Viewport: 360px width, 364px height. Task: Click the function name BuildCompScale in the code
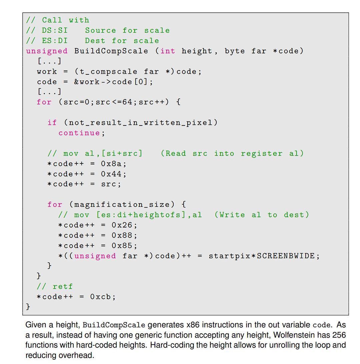pos(111,51)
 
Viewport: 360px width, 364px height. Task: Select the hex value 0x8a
pos(111,164)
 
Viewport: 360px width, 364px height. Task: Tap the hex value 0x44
pos(111,174)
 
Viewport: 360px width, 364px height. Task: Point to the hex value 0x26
pos(122,225)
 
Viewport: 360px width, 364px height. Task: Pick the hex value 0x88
pos(122,235)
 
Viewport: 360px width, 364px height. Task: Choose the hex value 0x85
pos(122,245)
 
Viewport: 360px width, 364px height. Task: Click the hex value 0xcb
pos(100,297)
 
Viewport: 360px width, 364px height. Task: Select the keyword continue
pos(79,133)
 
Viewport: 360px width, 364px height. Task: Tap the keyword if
pos(52,122)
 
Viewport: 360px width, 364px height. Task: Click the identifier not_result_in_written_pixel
pos(141,122)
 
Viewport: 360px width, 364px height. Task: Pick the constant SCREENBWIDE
pos(286,256)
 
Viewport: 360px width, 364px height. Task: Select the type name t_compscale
pos(108,72)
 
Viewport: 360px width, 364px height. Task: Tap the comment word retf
pos(63,287)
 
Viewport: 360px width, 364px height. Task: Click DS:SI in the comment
pos(55,30)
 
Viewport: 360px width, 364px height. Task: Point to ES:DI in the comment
pos(55,41)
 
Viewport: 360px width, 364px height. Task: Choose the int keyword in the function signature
pos(168,51)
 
